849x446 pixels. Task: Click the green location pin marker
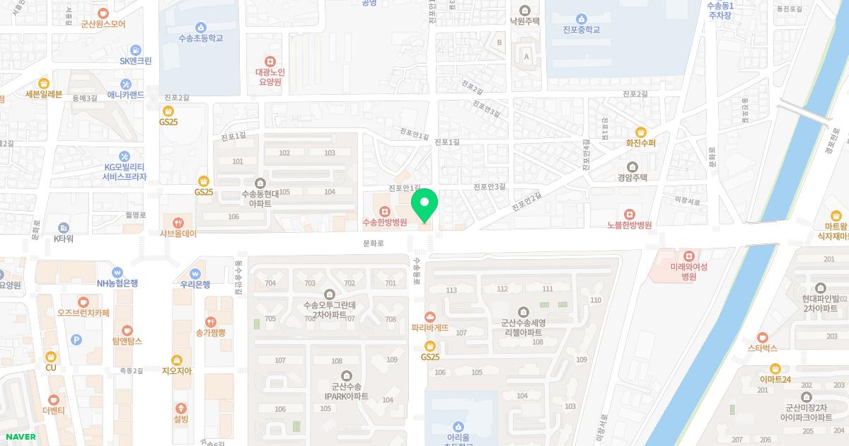424,205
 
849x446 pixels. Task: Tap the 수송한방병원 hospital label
385,222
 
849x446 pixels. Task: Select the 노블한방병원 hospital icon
629,214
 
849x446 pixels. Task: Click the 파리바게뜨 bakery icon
429,316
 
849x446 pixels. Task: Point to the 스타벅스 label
762,348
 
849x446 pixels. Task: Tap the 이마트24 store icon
775,368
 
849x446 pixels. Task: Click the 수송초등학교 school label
201,38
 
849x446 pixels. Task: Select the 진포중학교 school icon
581,18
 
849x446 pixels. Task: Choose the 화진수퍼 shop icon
641,132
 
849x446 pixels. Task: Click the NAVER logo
19,437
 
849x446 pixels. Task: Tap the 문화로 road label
373,243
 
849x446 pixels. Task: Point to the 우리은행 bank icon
195,273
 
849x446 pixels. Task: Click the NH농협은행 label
117,283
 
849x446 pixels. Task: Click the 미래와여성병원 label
688,272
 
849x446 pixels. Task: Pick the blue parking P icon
76,340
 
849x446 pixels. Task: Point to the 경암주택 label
632,178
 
